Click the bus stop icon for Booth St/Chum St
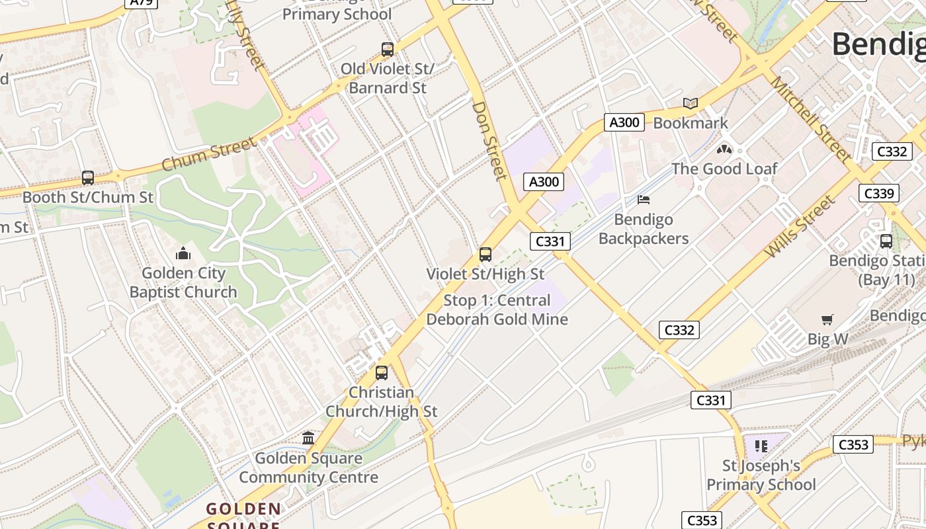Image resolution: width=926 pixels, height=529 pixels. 88,177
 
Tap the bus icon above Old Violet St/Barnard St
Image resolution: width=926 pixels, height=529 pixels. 388,49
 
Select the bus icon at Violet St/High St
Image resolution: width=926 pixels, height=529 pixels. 485,254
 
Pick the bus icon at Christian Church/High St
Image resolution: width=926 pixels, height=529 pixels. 382,372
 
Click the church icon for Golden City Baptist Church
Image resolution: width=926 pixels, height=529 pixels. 183,253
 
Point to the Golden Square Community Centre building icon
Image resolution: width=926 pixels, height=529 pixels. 308,438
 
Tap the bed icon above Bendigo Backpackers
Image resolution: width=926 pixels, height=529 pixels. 644,199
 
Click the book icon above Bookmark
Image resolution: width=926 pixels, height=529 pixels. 691,103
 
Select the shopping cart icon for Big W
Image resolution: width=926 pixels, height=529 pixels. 827,320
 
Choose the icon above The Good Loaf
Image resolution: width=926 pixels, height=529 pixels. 724,149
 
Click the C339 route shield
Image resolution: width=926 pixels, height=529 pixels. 879,193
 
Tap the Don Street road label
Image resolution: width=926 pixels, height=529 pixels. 489,140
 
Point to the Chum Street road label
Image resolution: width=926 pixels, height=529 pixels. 208,154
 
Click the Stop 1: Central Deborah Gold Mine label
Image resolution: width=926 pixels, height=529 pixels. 497,309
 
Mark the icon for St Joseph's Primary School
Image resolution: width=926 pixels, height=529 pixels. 761,446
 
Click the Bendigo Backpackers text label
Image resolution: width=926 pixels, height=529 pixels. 644,229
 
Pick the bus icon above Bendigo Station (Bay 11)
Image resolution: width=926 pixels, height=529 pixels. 886,241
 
